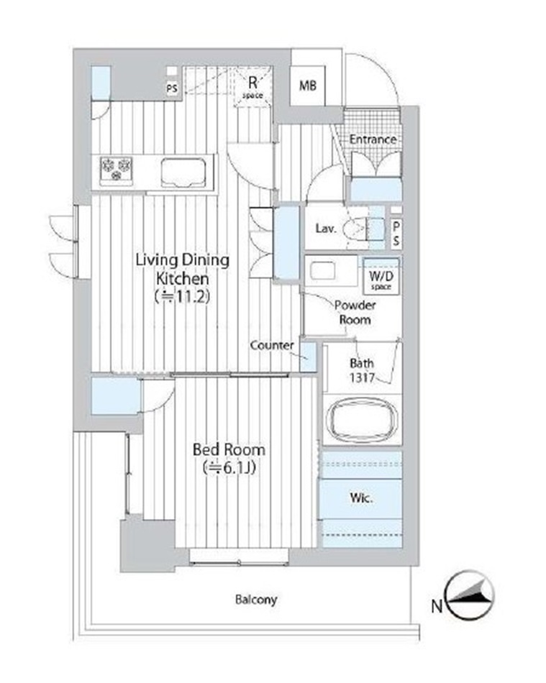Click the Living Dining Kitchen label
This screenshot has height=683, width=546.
click(x=182, y=269)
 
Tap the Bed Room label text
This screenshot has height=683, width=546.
click(x=229, y=449)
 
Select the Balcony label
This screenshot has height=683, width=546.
click(x=256, y=600)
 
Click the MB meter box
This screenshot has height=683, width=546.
click(x=308, y=86)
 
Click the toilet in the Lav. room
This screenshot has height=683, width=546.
click(x=363, y=228)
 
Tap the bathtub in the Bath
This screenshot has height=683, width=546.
click(x=362, y=421)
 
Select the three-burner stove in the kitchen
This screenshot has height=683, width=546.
click(x=116, y=170)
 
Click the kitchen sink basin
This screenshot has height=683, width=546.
click(x=183, y=173)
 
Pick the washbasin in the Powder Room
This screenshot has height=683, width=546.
click(x=322, y=270)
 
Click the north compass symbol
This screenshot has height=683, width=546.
click(x=470, y=595)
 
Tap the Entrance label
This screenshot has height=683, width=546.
click(x=373, y=139)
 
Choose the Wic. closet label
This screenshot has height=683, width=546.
click(x=361, y=498)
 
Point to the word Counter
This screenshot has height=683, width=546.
click(x=272, y=345)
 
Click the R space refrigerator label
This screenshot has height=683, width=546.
click(x=252, y=87)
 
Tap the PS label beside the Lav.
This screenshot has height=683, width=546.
click(x=396, y=234)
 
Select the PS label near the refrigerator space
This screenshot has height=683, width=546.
click(x=172, y=88)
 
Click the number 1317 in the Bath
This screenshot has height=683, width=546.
click(x=362, y=377)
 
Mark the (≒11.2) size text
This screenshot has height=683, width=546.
click(x=183, y=297)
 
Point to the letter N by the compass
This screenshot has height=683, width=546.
click(x=437, y=606)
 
